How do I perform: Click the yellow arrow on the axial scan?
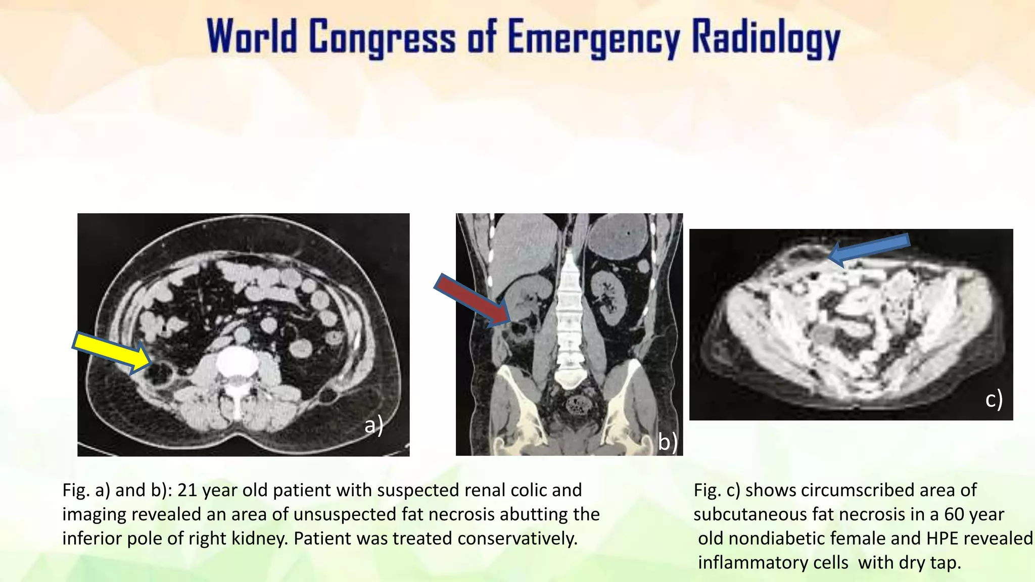[112, 353]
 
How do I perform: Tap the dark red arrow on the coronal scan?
[473, 300]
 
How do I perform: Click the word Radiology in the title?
[766, 38]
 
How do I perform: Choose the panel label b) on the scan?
[667, 442]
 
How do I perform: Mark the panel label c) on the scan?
[994, 399]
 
